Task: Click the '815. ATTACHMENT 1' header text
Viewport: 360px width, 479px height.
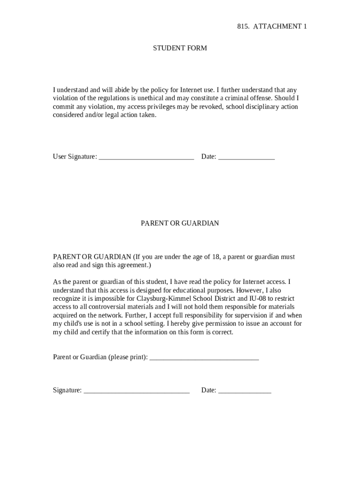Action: pyautogui.click(x=272, y=27)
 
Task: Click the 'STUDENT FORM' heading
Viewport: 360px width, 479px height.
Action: pyautogui.click(x=180, y=48)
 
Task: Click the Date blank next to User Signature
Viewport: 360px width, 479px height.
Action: pyautogui.click(x=246, y=158)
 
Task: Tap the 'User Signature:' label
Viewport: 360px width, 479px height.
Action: pyautogui.click(x=75, y=157)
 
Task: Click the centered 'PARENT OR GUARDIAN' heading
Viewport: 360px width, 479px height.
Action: pyautogui.click(x=180, y=224)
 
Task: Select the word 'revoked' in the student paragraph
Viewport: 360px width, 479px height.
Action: pyautogui.click(x=211, y=107)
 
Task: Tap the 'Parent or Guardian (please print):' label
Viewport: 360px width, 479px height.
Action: pyautogui.click(x=100, y=357)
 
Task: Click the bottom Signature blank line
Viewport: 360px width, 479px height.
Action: pyautogui.click(x=137, y=391)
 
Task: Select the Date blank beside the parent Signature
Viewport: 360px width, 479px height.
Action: pyautogui.click(x=245, y=391)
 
